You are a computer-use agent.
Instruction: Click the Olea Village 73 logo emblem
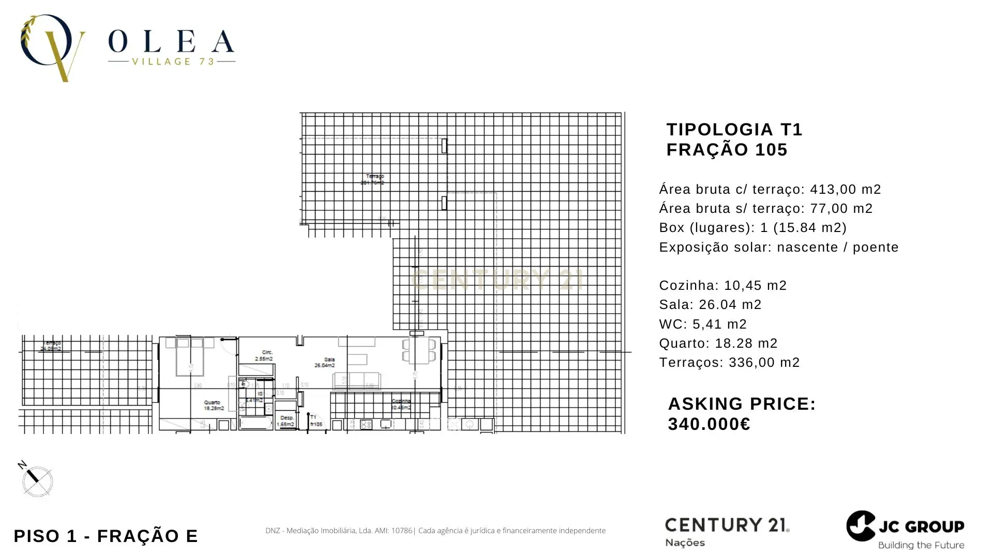coord(52,48)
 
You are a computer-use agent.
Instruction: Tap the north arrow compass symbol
coord(37,481)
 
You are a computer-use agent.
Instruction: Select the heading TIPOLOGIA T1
coord(734,129)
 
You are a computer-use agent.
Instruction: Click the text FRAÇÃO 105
coord(727,150)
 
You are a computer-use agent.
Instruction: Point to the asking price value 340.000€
coord(709,424)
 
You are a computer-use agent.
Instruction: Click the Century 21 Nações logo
coord(727,531)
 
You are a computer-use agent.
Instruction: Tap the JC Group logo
coord(906,530)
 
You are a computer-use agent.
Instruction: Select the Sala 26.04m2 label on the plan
coord(325,362)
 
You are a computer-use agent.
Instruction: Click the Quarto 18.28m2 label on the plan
coord(213,405)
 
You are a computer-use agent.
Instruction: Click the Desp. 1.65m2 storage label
coord(286,421)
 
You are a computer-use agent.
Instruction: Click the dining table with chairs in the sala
coord(419,350)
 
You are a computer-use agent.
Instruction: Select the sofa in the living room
coord(357,380)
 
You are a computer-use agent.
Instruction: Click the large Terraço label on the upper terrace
coord(373,179)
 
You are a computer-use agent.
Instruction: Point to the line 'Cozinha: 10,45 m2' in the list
coord(723,285)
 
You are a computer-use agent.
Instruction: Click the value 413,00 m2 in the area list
coord(845,190)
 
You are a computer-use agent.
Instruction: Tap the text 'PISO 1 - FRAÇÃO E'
coord(106,536)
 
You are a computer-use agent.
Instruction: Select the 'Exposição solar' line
coord(778,247)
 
